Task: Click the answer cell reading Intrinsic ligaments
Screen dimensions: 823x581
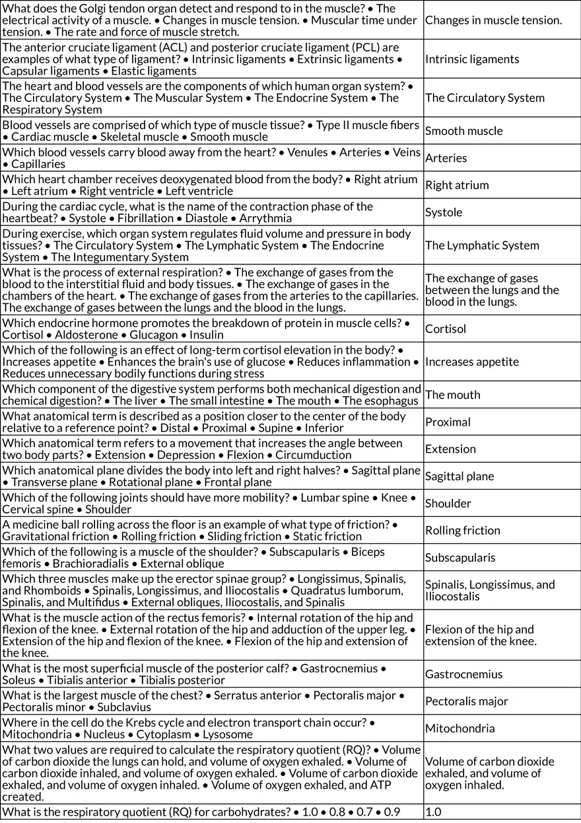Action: (472, 59)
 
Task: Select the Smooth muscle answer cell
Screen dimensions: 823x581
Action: (463, 131)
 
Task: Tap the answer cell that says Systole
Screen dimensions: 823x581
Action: (444, 212)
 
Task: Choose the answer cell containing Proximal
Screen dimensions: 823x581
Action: (448, 422)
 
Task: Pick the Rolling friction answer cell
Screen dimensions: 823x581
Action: (462, 530)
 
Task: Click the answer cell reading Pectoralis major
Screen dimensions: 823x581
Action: (466, 701)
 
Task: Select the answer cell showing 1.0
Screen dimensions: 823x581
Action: (433, 812)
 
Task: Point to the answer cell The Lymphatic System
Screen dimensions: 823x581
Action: (482, 245)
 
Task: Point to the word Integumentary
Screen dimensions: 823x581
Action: (108, 257)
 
